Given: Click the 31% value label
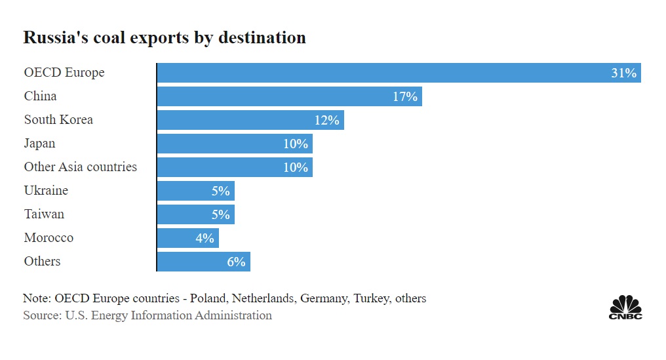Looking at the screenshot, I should pyautogui.click(x=623, y=73).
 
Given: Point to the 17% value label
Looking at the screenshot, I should pyautogui.click(x=404, y=96).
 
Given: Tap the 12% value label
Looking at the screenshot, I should pyautogui.click(x=326, y=120).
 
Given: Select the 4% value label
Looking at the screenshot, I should pyautogui.click(x=205, y=238).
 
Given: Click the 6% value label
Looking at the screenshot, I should pyautogui.click(x=236, y=262).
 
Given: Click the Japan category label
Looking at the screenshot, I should pyautogui.click(x=39, y=143).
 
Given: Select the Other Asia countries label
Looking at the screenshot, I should pyautogui.click(x=81, y=167).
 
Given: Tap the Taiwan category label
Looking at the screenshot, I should pyautogui.click(x=44, y=214).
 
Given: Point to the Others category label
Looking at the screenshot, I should pyautogui.click(x=42, y=261).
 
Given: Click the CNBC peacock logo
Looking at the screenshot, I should pyautogui.click(x=625, y=307).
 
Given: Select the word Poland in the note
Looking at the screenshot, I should pyautogui.click(x=209, y=298).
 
